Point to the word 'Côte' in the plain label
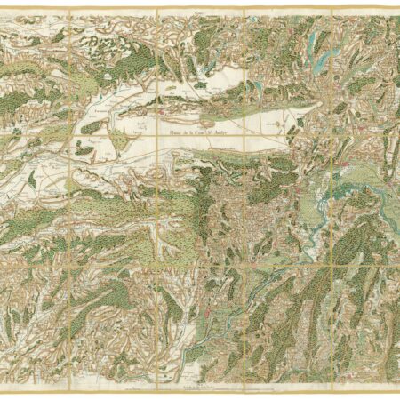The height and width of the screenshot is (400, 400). tap(196, 135)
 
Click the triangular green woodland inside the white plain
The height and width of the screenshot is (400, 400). tap(91, 128)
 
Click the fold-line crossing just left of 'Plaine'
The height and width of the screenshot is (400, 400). tap(156, 132)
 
